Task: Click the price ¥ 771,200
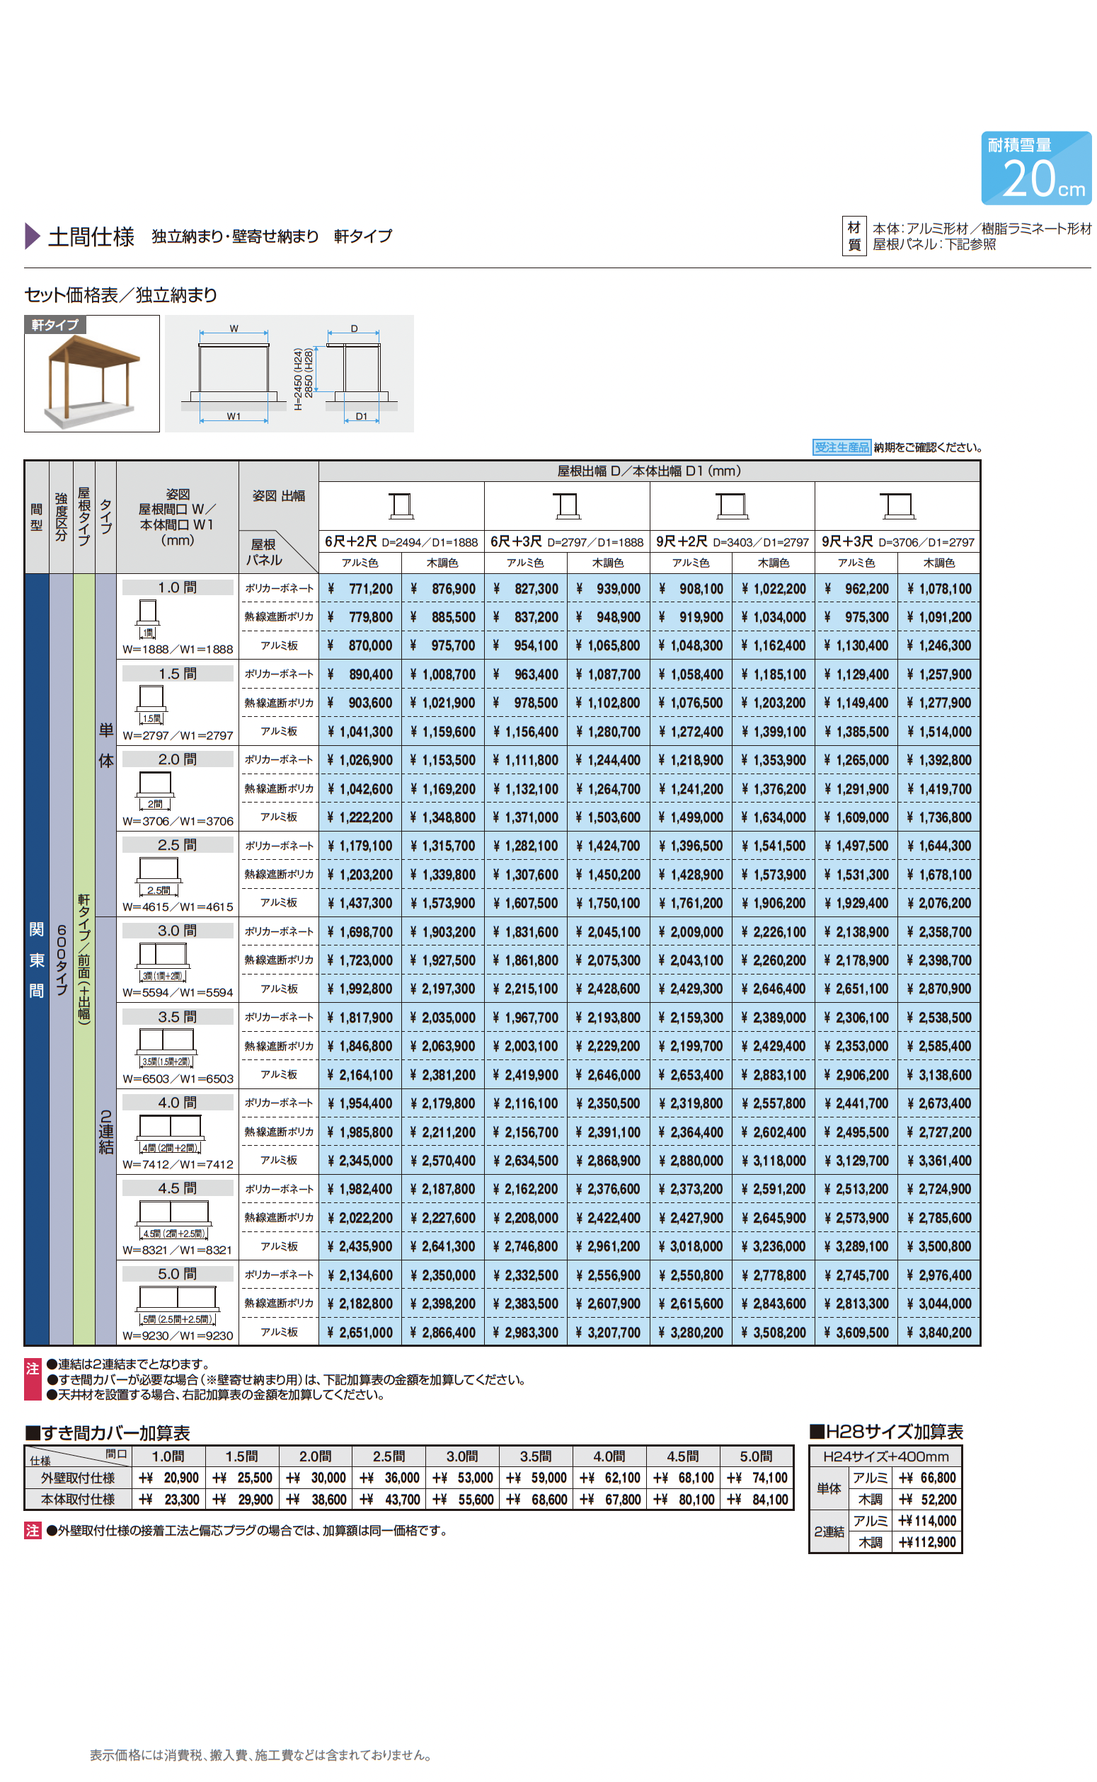click(x=360, y=588)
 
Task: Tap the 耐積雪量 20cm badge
click(x=1035, y=168)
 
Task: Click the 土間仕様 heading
click(x=91, y=236)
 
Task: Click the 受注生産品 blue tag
click(x=841, y=447)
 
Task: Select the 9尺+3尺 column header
click(x=897, y=542)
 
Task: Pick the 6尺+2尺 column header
click(x=401, y=542)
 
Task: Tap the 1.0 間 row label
click(x=178, y=587)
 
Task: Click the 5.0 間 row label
click(x=178, y=1274)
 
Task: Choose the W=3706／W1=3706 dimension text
click(x=178, y=821)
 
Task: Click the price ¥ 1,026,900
click(x=360, y=760)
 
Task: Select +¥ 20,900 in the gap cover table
click(x=169, y=1478)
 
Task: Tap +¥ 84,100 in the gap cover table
click(x=757, y=1499)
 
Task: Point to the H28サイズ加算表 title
click(x=886, y=1432)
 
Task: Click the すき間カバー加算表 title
click(x=108, y=1433)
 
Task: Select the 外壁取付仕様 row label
click(x=78, y=1478)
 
